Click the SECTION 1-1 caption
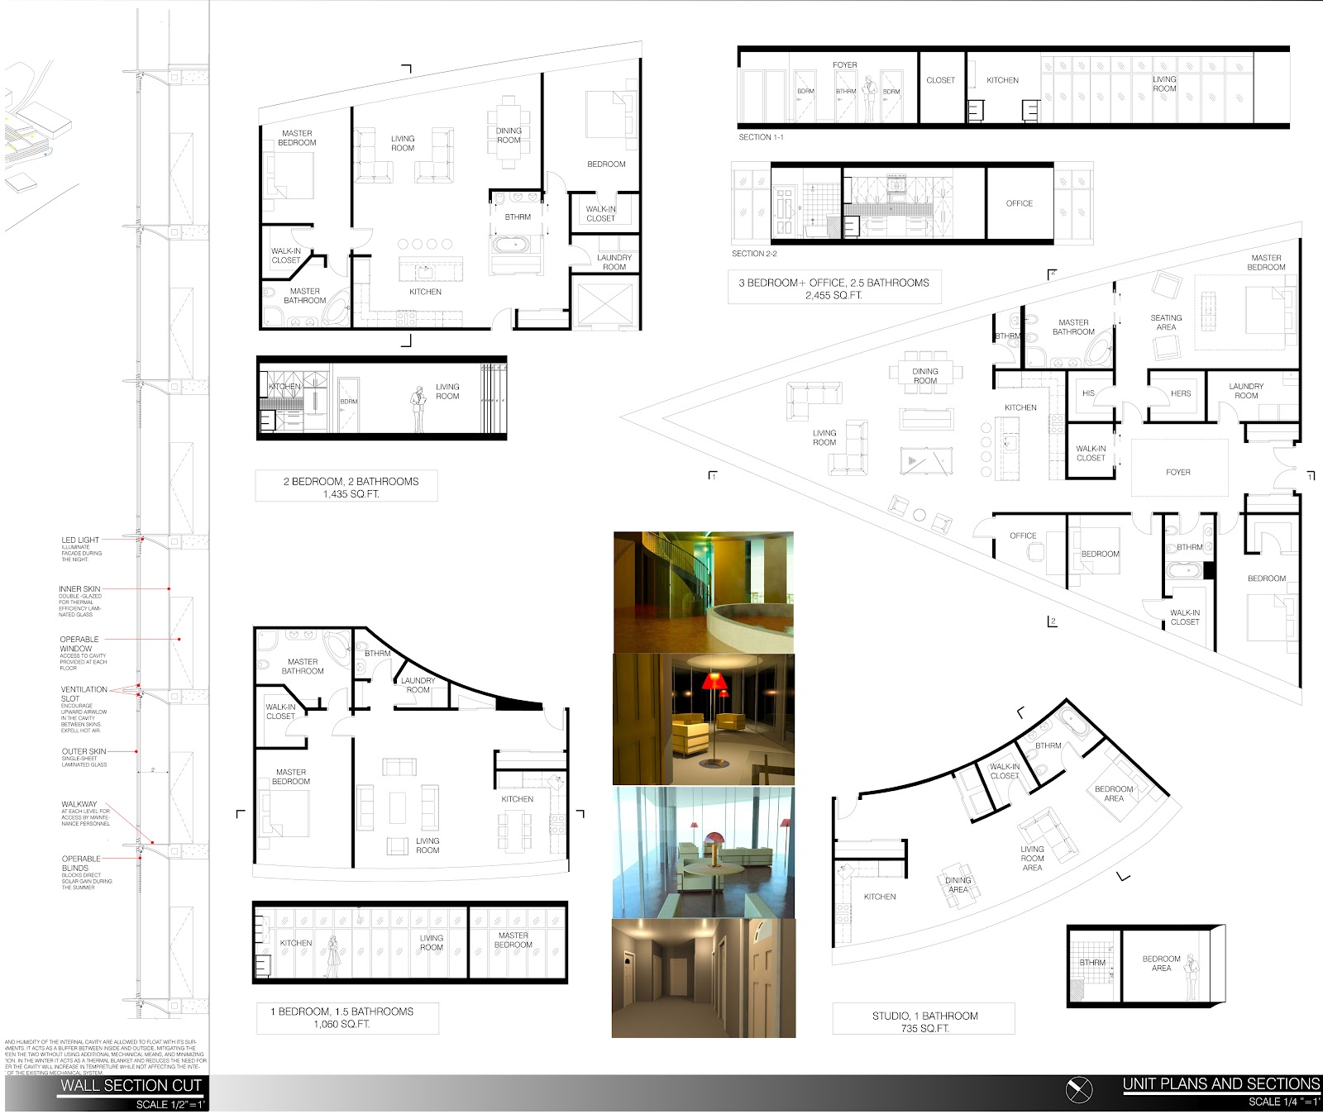point(761,137)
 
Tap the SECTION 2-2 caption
point(754,254)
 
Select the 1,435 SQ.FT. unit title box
point(346,487)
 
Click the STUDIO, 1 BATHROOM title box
point(924,1021)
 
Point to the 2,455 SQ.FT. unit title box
point(833,288)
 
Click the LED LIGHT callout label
point(80,540)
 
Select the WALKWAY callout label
point(79,804)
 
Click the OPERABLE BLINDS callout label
point(81,863)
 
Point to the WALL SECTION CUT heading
point(131,1086)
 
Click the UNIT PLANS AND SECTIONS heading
point(1220,1084)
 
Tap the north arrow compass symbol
point(1079,1090)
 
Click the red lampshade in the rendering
point(714,682)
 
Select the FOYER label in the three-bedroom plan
point(1177,473)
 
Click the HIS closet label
point(1088,393)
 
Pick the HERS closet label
point(1181,393)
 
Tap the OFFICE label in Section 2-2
point(1020,203)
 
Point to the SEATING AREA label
point(1166,322)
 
